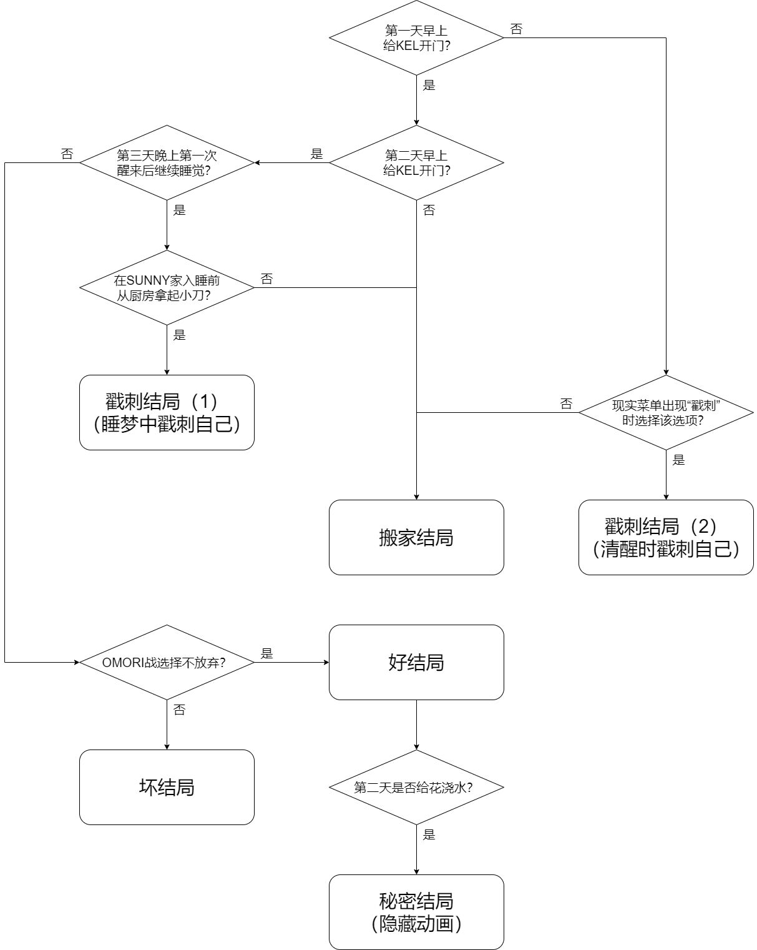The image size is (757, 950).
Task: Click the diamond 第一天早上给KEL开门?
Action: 416,38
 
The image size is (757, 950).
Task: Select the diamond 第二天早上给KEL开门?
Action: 416,163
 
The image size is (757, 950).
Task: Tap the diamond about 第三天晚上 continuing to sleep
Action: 167,163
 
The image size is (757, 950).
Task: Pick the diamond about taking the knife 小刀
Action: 167,288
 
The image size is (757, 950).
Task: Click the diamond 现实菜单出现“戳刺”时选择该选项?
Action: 666,413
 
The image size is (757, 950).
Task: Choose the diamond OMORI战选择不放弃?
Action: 167,663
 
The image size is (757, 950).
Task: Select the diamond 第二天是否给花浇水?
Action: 416,788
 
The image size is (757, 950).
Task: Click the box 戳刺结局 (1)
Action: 167,413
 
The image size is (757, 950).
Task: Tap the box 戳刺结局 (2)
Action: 666,538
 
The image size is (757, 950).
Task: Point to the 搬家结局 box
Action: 416,538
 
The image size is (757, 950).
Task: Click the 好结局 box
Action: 416,663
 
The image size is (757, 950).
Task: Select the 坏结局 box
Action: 167,788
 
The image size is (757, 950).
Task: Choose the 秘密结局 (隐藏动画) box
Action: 416,913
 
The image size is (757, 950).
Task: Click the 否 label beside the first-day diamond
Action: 517,29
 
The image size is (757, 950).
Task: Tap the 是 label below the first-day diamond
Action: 429,86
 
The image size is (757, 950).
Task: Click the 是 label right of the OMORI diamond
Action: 267,654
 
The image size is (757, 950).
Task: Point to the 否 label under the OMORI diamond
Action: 180,710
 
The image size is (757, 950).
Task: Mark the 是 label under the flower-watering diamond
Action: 429,835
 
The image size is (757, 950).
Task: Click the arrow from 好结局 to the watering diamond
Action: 416,725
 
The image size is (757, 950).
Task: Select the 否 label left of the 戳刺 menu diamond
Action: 567,404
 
